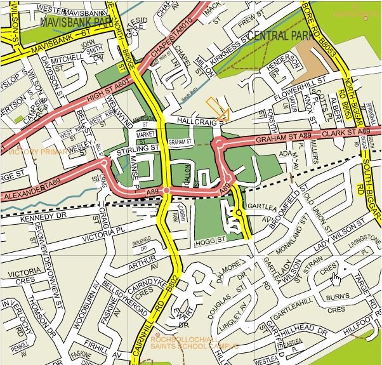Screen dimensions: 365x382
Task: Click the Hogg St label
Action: point(212,240)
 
